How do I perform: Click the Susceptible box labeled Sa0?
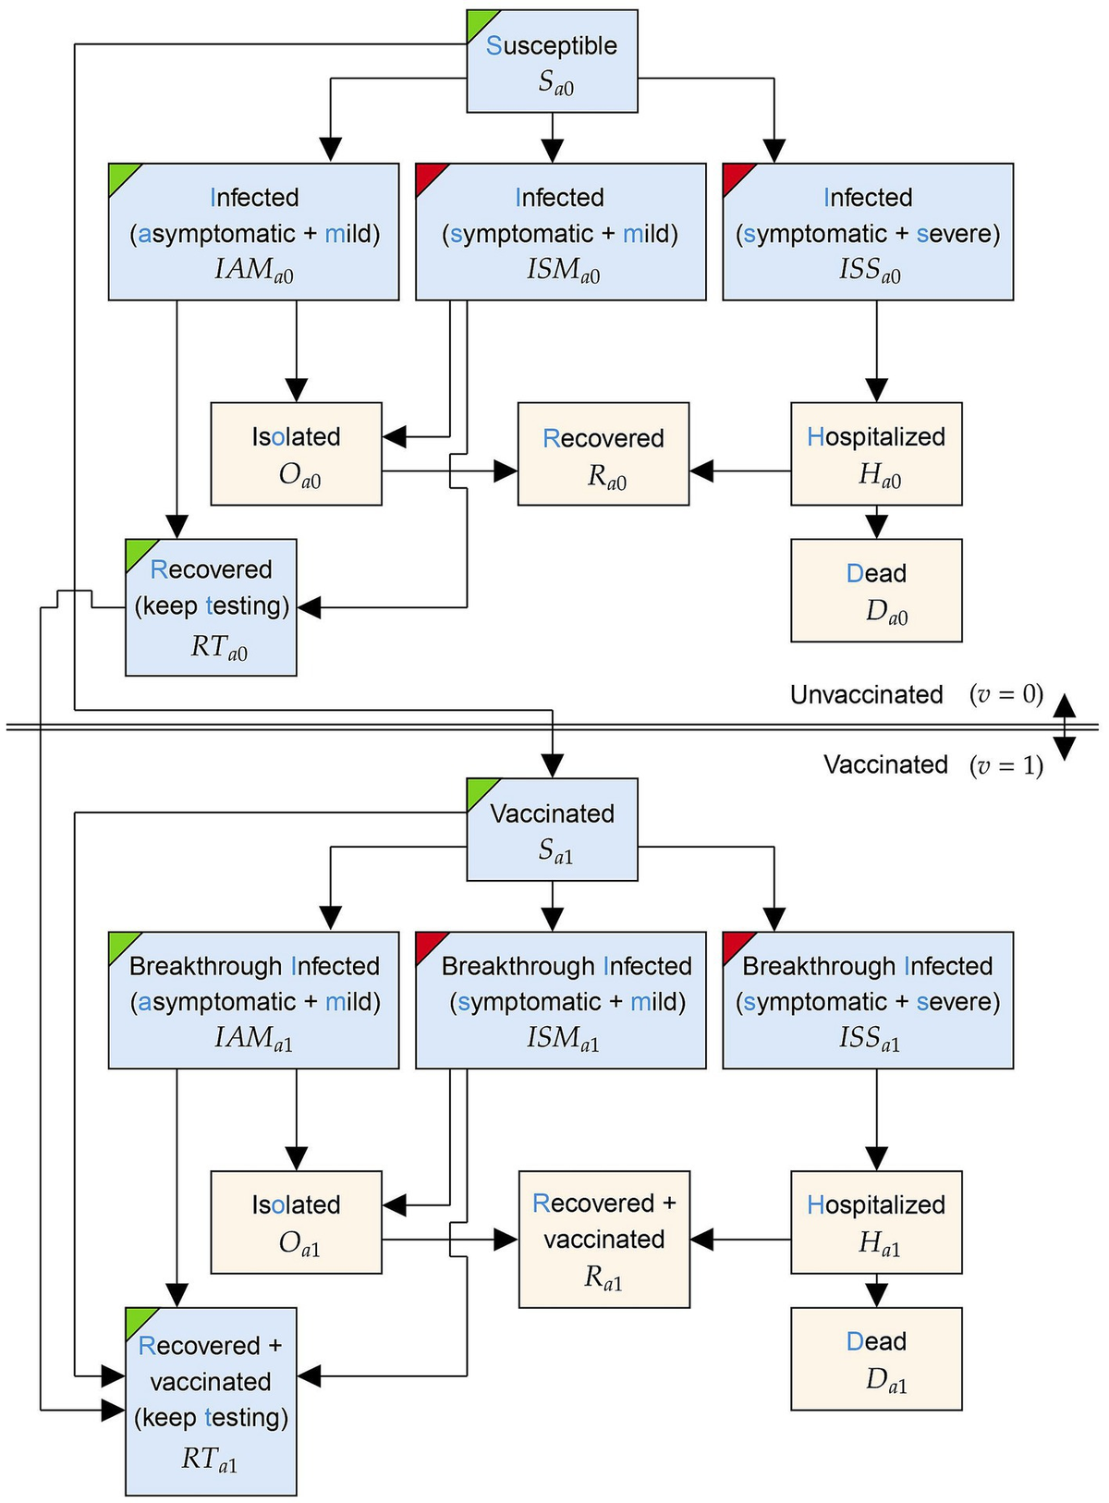(552, 62)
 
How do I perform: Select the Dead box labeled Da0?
(876, 591)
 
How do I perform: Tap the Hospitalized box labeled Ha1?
(876, 1222)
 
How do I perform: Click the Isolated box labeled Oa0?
(296, 454)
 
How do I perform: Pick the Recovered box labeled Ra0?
(603, 454)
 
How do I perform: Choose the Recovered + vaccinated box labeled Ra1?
(603, 1239)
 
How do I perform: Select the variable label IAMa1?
(253, 1039)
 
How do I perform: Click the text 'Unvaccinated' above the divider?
(866, 695)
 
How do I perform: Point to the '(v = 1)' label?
(1006, 765)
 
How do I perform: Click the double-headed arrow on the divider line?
(1064, 727)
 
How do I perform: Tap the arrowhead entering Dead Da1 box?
(876, 1295)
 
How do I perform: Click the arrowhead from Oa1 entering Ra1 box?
(506, 1240)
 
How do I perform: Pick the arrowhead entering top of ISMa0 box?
(552, 151)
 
